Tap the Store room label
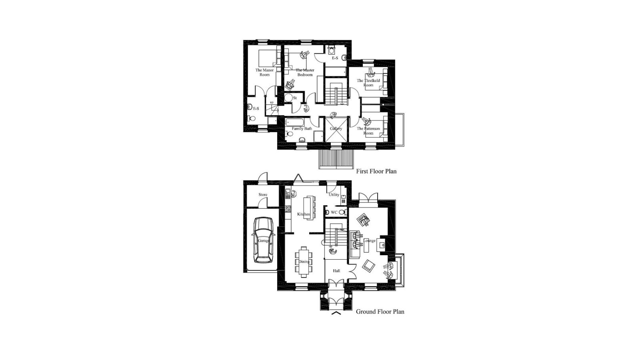(x=263, y=195)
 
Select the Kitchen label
(x=304, y=214)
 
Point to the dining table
(x=304, y=262)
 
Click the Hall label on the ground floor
(x=336, y=271)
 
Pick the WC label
(x=334, y=212)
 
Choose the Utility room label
(x=334, y=195)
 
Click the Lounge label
(x=369, y=241)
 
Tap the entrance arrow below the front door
(x=336, y=313)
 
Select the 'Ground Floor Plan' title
(x=380, y=312)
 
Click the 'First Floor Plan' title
(x=376, y=171)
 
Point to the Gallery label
(x=336, y=129)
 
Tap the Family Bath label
(x=302, y=129)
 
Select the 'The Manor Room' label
(x=264, y=72)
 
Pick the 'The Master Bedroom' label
(x=305, y=72)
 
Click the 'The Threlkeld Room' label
(x=368, y=83)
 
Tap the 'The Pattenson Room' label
(x=368, y=131)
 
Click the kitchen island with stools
(x=309, y=207)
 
